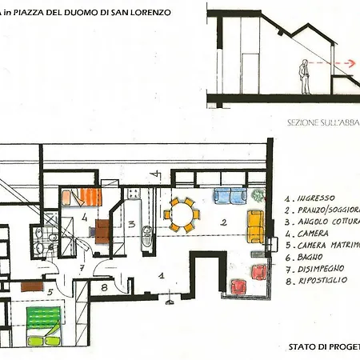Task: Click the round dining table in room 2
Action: point(181,215)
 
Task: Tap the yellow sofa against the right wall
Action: point(256,226)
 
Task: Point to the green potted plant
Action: point(257,195)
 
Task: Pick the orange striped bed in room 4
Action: point(82,197)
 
